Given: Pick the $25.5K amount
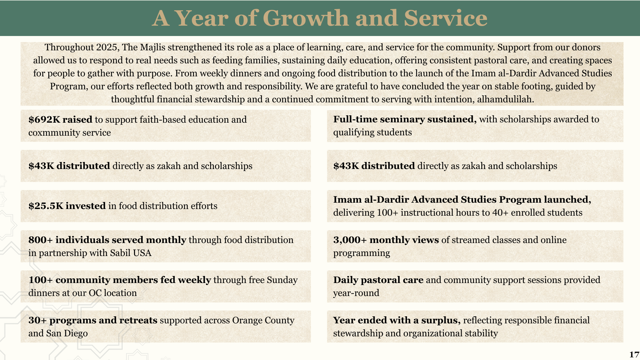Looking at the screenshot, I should pyautogui.click(x=46, y=206).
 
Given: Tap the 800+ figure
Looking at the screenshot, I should pyautogui.click(x=40, y=240).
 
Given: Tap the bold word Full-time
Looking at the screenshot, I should pyautogui.click(x=355, y=119).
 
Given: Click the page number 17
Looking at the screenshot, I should pyautogui.click(x=634, y=355).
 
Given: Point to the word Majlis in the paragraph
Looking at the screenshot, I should pyautogui.click(x=152, y=47).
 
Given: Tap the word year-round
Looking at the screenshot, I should pyautogui.click(x=356, y=293).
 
